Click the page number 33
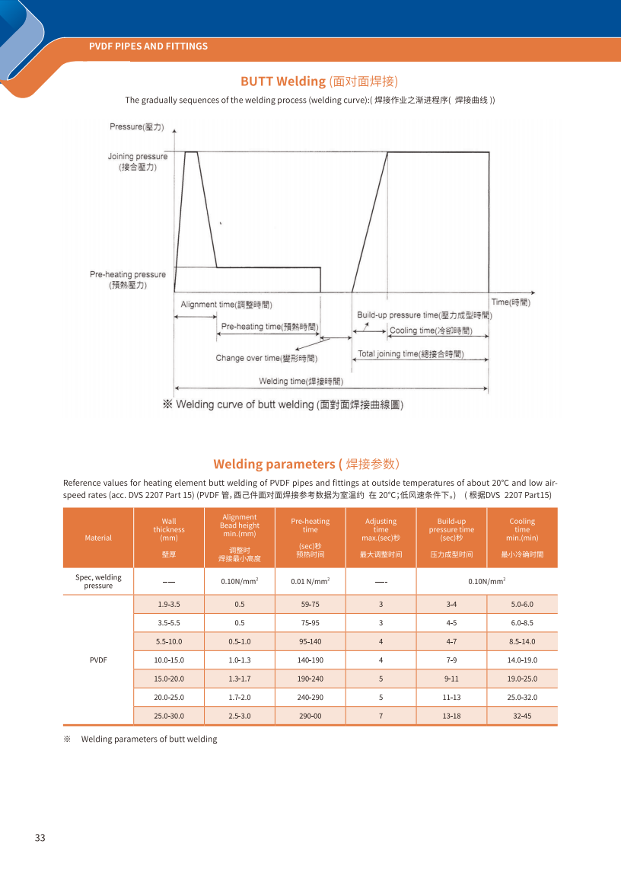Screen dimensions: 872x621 click(40, 838)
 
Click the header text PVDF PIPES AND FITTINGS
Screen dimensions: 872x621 click(148, 46)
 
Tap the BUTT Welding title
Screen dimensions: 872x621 click(319, 81)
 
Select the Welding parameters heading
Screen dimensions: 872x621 click(306, 464)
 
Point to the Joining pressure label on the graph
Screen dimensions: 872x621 click(138, 161)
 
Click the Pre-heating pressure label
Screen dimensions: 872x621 click(128, 279)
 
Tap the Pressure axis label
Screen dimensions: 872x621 click(136, 126)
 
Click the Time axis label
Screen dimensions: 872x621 click(511, 303)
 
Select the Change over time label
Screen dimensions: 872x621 click(266, 358)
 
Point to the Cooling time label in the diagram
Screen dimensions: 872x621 click(430, 331)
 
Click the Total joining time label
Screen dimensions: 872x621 click(411, 354)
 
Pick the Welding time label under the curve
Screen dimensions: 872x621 click(301, 381)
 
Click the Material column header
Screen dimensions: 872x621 click(98, 538)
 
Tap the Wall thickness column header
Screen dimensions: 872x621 click(169, 538)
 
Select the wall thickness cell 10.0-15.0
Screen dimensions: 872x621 click(169, 660)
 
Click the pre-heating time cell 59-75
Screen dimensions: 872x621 click(310, 605)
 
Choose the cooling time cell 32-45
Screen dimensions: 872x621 click(522, 716)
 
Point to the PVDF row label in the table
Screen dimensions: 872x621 click(98, 660)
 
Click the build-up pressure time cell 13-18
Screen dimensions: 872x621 click(451, 716)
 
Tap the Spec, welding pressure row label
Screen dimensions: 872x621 click(98, 581)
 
